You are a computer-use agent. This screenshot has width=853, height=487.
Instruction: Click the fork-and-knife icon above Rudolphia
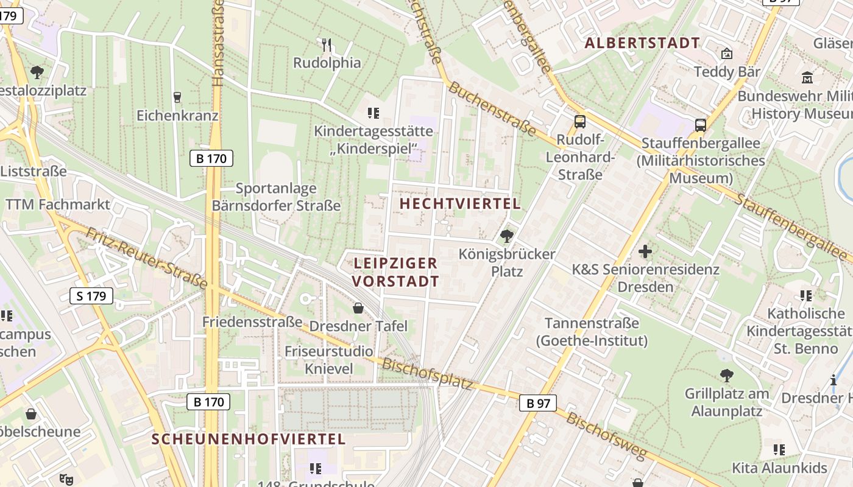[327, 44]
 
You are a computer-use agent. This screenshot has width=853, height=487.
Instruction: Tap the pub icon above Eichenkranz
[177, 97]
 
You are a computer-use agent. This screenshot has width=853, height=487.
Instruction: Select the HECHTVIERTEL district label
[460, 204]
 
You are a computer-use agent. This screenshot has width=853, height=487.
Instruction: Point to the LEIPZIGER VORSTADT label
[395, 272]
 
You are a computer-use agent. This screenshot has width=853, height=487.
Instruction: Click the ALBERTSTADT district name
[642, 43]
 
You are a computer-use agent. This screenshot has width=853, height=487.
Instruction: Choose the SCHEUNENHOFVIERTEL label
[249, 439]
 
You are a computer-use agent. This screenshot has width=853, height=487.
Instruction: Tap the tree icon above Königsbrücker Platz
[506, 236]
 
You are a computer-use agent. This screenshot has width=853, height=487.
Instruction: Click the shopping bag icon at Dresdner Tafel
[358, 308]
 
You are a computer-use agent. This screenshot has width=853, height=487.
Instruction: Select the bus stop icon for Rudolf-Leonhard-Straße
[580, 122]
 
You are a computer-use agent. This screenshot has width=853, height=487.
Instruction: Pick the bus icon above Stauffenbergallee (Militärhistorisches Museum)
[701, 125]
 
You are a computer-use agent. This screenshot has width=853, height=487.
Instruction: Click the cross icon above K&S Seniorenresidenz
[645, 251]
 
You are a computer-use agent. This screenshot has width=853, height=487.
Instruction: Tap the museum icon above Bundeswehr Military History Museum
[808, 77]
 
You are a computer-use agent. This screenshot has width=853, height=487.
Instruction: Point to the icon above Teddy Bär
[726, 54]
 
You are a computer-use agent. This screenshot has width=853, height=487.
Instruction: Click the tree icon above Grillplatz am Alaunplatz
[726, 375]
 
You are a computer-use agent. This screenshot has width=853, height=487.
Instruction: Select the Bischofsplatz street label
[427, 374]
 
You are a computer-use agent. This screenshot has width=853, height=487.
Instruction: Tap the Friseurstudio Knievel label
[329, 360]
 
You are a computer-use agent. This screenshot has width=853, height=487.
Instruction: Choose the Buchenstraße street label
[492, 109]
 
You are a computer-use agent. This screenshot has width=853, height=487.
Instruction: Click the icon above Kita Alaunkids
[779, 450]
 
